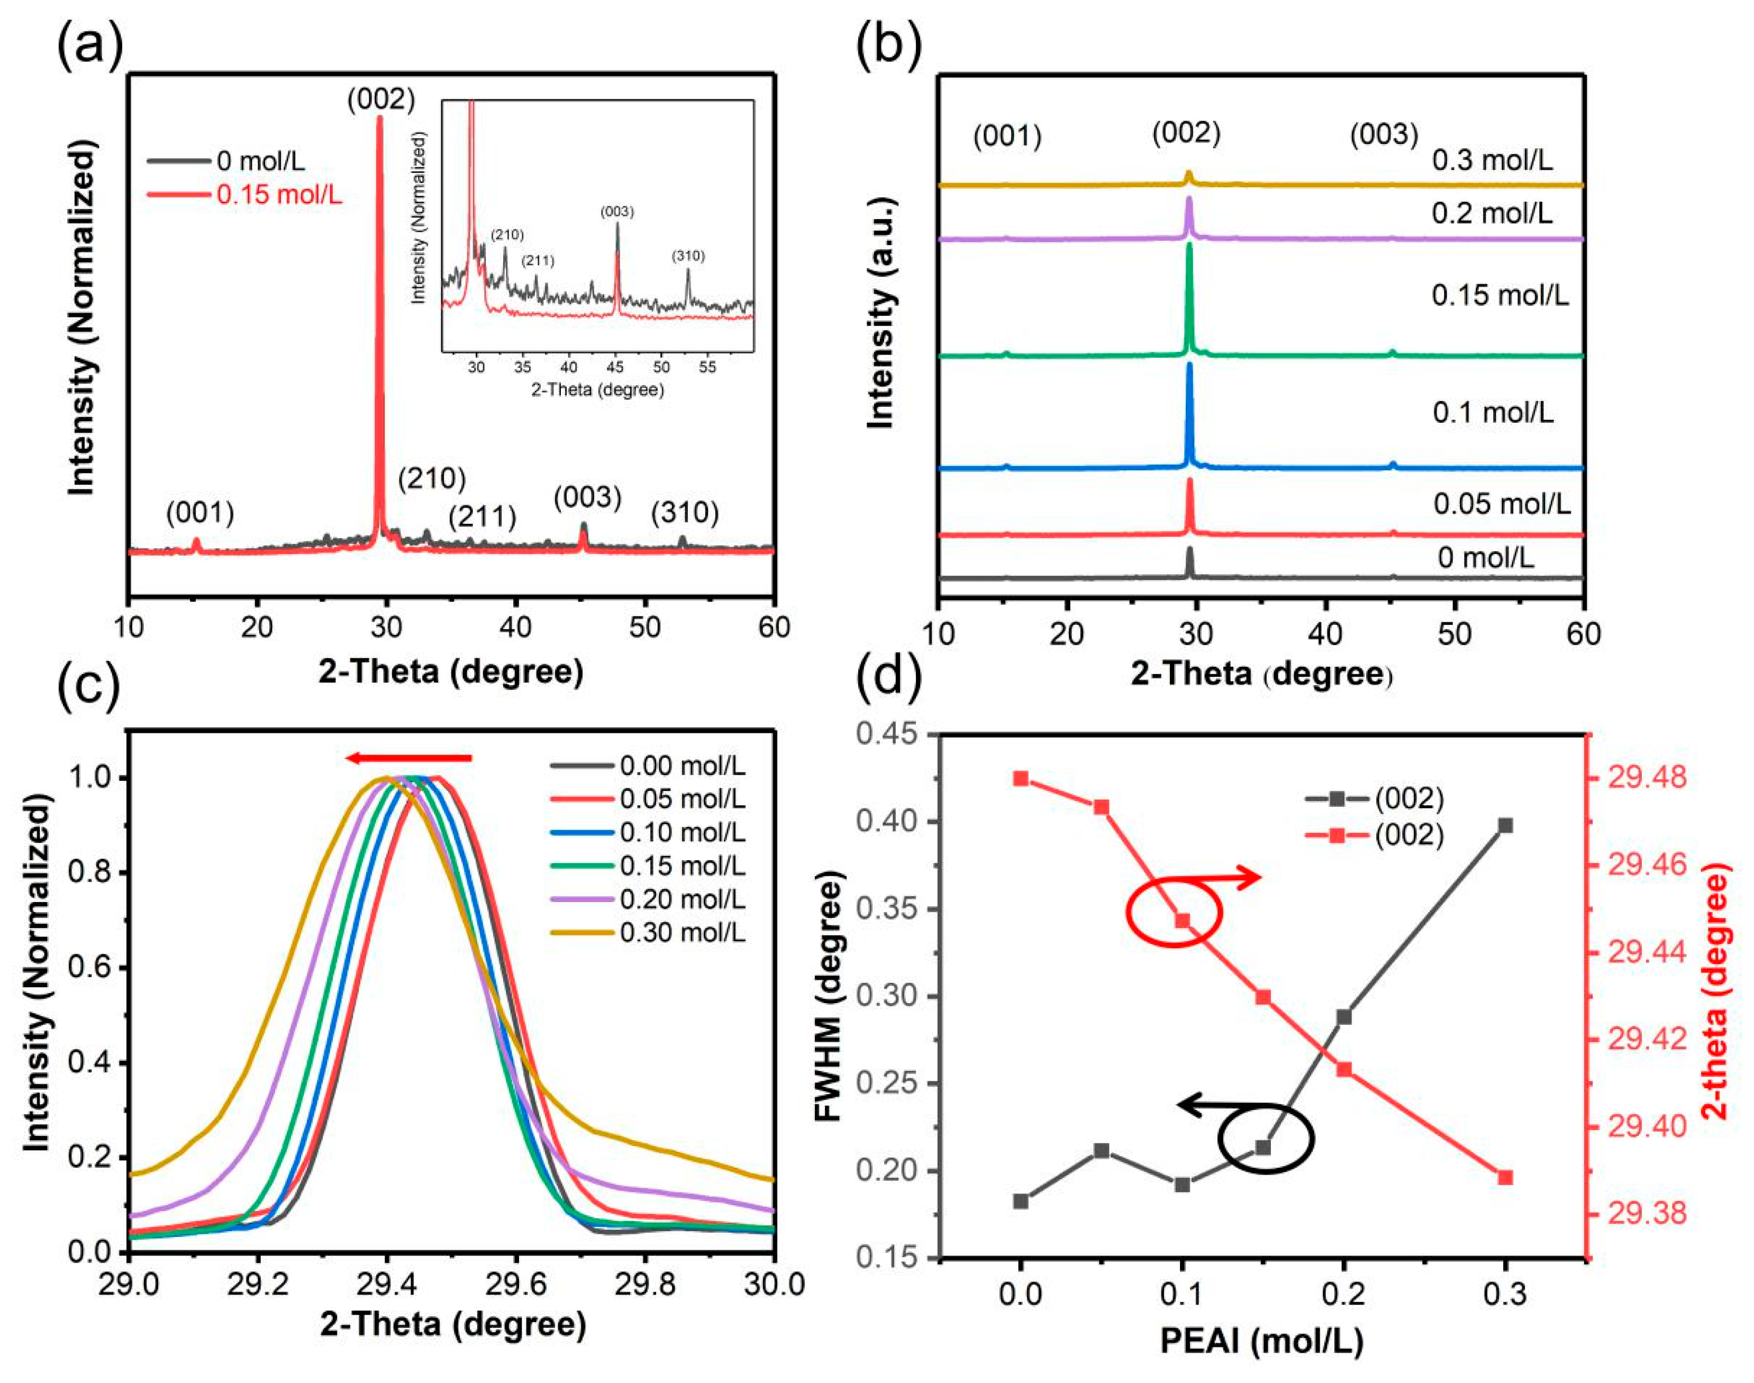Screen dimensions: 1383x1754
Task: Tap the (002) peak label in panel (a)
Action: click(380, 99)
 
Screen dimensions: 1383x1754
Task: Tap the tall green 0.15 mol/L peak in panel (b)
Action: click(1189, 299)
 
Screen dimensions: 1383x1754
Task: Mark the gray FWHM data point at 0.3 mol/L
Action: click(1505, 826)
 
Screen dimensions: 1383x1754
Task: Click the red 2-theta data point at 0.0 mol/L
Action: click(1020, 779)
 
